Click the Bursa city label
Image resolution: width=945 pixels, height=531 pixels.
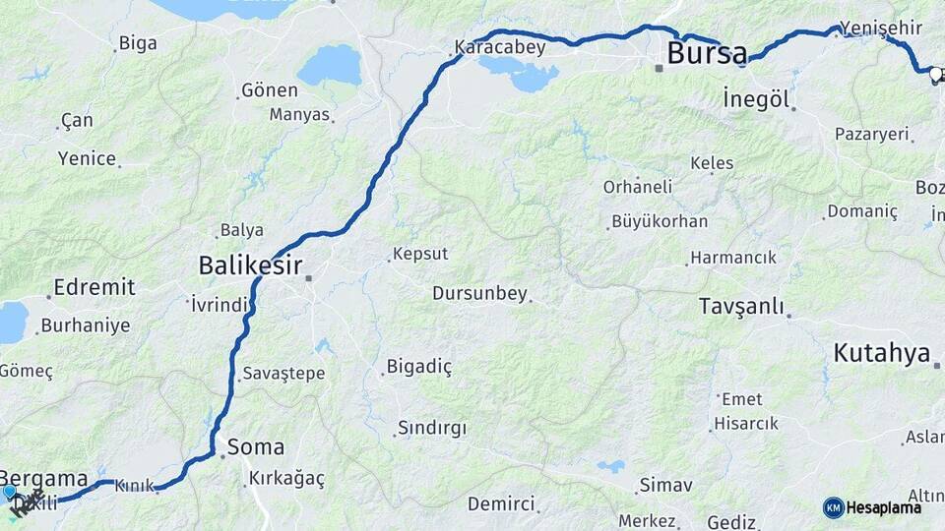[x=707, y=54]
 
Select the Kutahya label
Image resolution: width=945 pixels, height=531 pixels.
[x=881, y=353]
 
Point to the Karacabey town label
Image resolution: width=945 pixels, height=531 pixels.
[x=500, y=47]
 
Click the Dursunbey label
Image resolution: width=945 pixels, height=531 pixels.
[x=479, y=293]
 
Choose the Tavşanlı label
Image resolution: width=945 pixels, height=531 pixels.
[x=740, y=305]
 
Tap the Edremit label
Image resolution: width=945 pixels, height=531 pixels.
[x=94, y=287]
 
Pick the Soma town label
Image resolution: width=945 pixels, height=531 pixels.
[x=255, y=447]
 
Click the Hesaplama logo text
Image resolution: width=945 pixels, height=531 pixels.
[x=883, y=507]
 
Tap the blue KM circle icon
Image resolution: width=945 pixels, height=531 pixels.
[x=833, y=507]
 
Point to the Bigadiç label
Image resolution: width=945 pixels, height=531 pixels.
[x=419, y=367]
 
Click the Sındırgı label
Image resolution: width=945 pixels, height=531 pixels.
[x=431, y=429]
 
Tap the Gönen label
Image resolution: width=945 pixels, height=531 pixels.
[x=270, y=90]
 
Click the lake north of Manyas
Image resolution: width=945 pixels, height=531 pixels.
[x=329, y=65]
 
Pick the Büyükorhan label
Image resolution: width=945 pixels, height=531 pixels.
[x=659, y=221]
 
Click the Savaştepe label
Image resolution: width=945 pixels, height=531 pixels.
[x=283, y=374]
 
